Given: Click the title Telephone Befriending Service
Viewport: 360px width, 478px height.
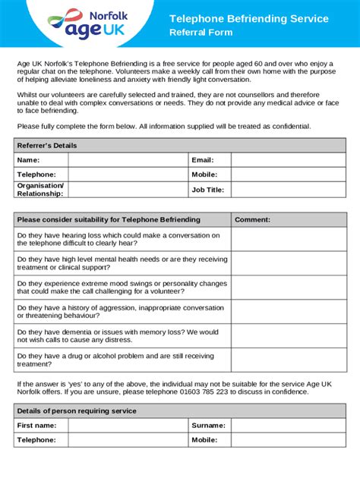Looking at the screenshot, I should point(248,18).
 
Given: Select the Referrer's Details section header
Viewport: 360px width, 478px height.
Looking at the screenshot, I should point(47,145).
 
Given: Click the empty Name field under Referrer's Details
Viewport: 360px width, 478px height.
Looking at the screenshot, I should point(128,160).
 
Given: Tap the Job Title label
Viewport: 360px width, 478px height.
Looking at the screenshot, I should point(208,190).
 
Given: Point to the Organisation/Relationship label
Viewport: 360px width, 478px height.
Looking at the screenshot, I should point(40,190).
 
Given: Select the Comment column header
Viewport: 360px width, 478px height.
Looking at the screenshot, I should point(252,219).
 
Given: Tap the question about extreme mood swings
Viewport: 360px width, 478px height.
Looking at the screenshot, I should point(122,288).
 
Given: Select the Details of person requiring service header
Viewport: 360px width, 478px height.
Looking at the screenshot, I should point(77,410).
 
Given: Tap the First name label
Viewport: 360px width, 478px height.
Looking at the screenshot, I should point(36,426).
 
